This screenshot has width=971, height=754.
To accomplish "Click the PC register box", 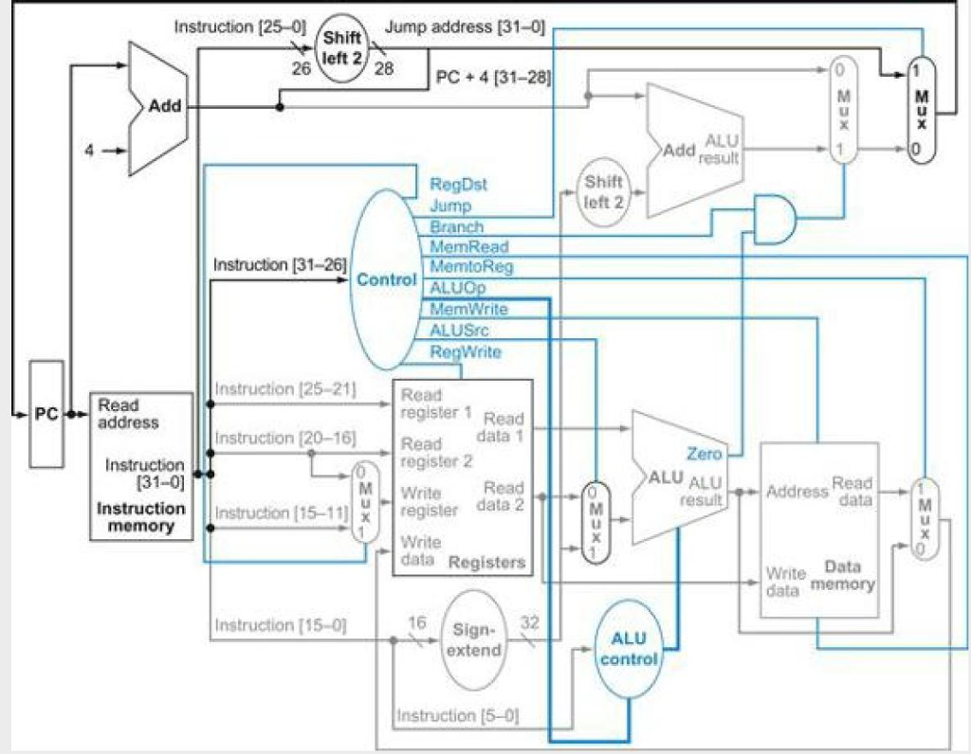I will [x=46, y=414].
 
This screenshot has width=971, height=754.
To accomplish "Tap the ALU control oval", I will [x=628, y=650].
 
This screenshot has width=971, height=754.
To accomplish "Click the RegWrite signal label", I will [x=466, y=352].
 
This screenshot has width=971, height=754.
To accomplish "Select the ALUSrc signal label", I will [x=459, y=331].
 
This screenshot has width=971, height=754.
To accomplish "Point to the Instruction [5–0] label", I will [x=458, y=715].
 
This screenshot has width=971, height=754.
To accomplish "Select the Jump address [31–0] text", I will [x=465, y=27].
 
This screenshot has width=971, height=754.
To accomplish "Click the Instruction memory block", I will [x=141, y=466].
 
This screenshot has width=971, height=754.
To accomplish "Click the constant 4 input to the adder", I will [x=89, y=151].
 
